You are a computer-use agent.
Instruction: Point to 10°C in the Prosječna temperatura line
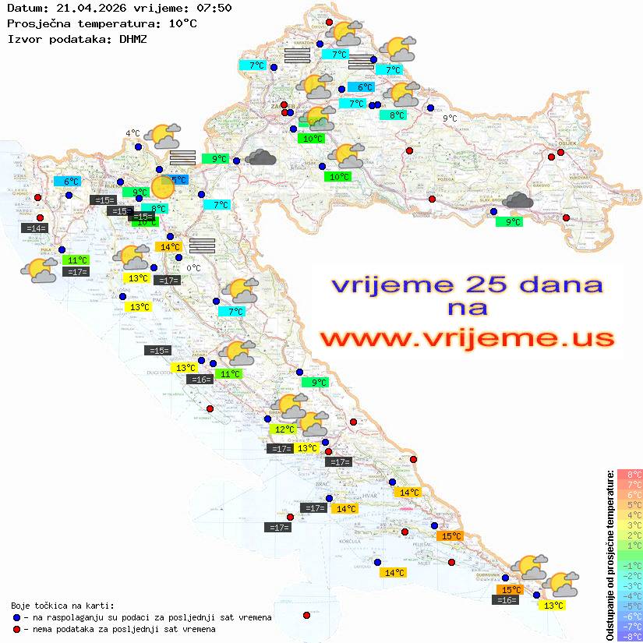tap(182, 23)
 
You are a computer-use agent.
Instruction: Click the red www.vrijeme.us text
tap(466, 338)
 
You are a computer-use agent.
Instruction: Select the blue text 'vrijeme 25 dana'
tap(466, 284)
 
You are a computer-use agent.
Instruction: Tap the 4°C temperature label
tap(132, 133)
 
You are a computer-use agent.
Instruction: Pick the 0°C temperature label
tap(193, 269)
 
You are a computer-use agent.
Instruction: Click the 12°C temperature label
tap(283, 429)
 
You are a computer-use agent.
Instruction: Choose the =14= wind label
tap(36, 228)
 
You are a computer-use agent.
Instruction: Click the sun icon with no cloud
tap(163, 187)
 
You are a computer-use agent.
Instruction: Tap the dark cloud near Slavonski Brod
tap(518, 201)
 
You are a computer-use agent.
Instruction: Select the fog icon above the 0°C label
tap(202, 246)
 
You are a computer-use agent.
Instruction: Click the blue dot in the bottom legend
tap(17, 617)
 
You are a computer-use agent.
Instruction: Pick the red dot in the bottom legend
tap(17, 629)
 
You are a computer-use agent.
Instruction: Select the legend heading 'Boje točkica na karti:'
tap(62, 606)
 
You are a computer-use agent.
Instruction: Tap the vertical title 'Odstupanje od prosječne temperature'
tap(609, 556)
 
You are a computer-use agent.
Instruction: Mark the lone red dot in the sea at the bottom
tap(307, 616)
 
